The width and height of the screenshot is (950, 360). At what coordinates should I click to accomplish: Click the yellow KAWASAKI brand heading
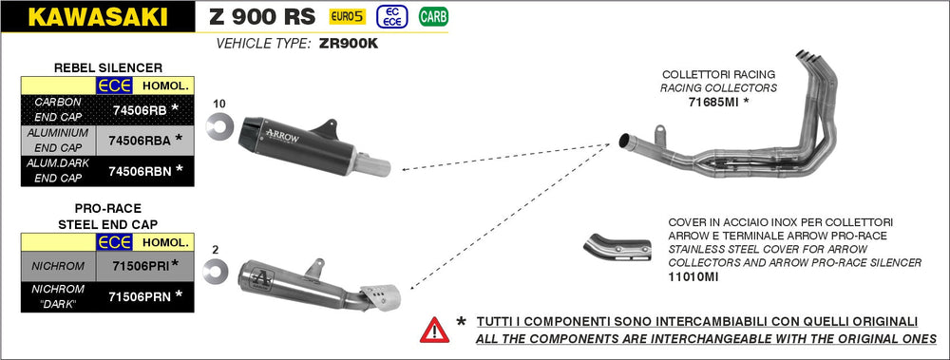click(x=98, y=17)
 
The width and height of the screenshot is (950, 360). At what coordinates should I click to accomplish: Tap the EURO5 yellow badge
click(x=347, y=16)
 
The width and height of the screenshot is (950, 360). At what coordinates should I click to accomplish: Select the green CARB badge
click(x=433, y=16)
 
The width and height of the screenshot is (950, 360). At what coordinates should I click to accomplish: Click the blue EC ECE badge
click(x=391, y=16)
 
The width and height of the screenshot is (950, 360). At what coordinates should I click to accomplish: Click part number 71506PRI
click(x=142, y=265)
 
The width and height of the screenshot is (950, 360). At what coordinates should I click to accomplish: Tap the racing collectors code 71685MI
click(x=713, y=103)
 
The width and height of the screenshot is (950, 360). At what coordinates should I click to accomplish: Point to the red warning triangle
click(x=434, y=330)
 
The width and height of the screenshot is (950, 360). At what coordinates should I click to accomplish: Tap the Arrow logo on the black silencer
click(x=282, y=135)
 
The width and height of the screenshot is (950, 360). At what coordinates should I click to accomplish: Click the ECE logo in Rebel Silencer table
click(x=115, y=86)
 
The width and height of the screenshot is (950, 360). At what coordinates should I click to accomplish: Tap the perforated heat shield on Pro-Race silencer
click(x=379, y=297)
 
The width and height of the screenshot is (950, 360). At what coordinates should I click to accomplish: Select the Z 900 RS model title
click(x=262, y=17)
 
